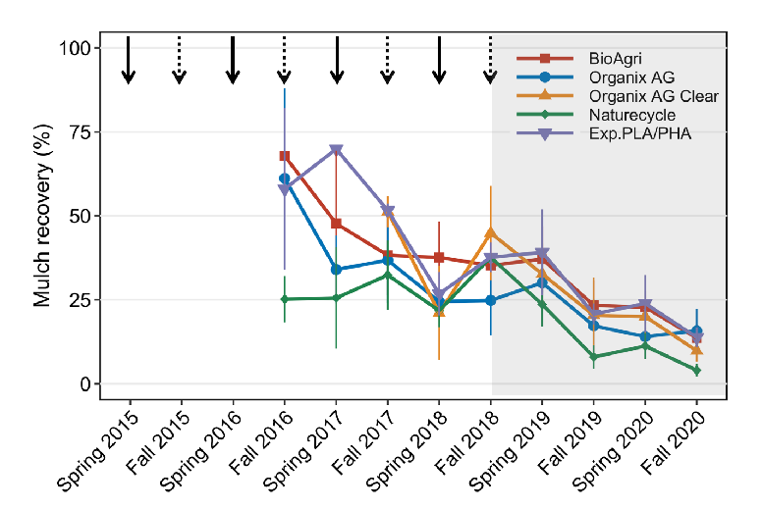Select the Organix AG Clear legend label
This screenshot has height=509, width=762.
click(x=653, y=96)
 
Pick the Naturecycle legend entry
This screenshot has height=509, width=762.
click(x=632, y=115)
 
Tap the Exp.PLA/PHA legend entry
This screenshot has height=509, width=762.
click(x=640, y=133)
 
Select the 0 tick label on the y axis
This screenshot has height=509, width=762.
click(x=85, y=383)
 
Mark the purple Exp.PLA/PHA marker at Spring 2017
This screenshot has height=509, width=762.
click(x=336, y=150)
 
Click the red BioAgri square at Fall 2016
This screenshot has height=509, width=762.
click(x=285, y=156)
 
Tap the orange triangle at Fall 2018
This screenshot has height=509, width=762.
click(x=490, y=233)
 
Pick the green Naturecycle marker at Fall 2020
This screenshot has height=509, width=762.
click(x=696, y=371)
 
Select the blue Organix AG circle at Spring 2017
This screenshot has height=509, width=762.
click(x=336, y=269)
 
